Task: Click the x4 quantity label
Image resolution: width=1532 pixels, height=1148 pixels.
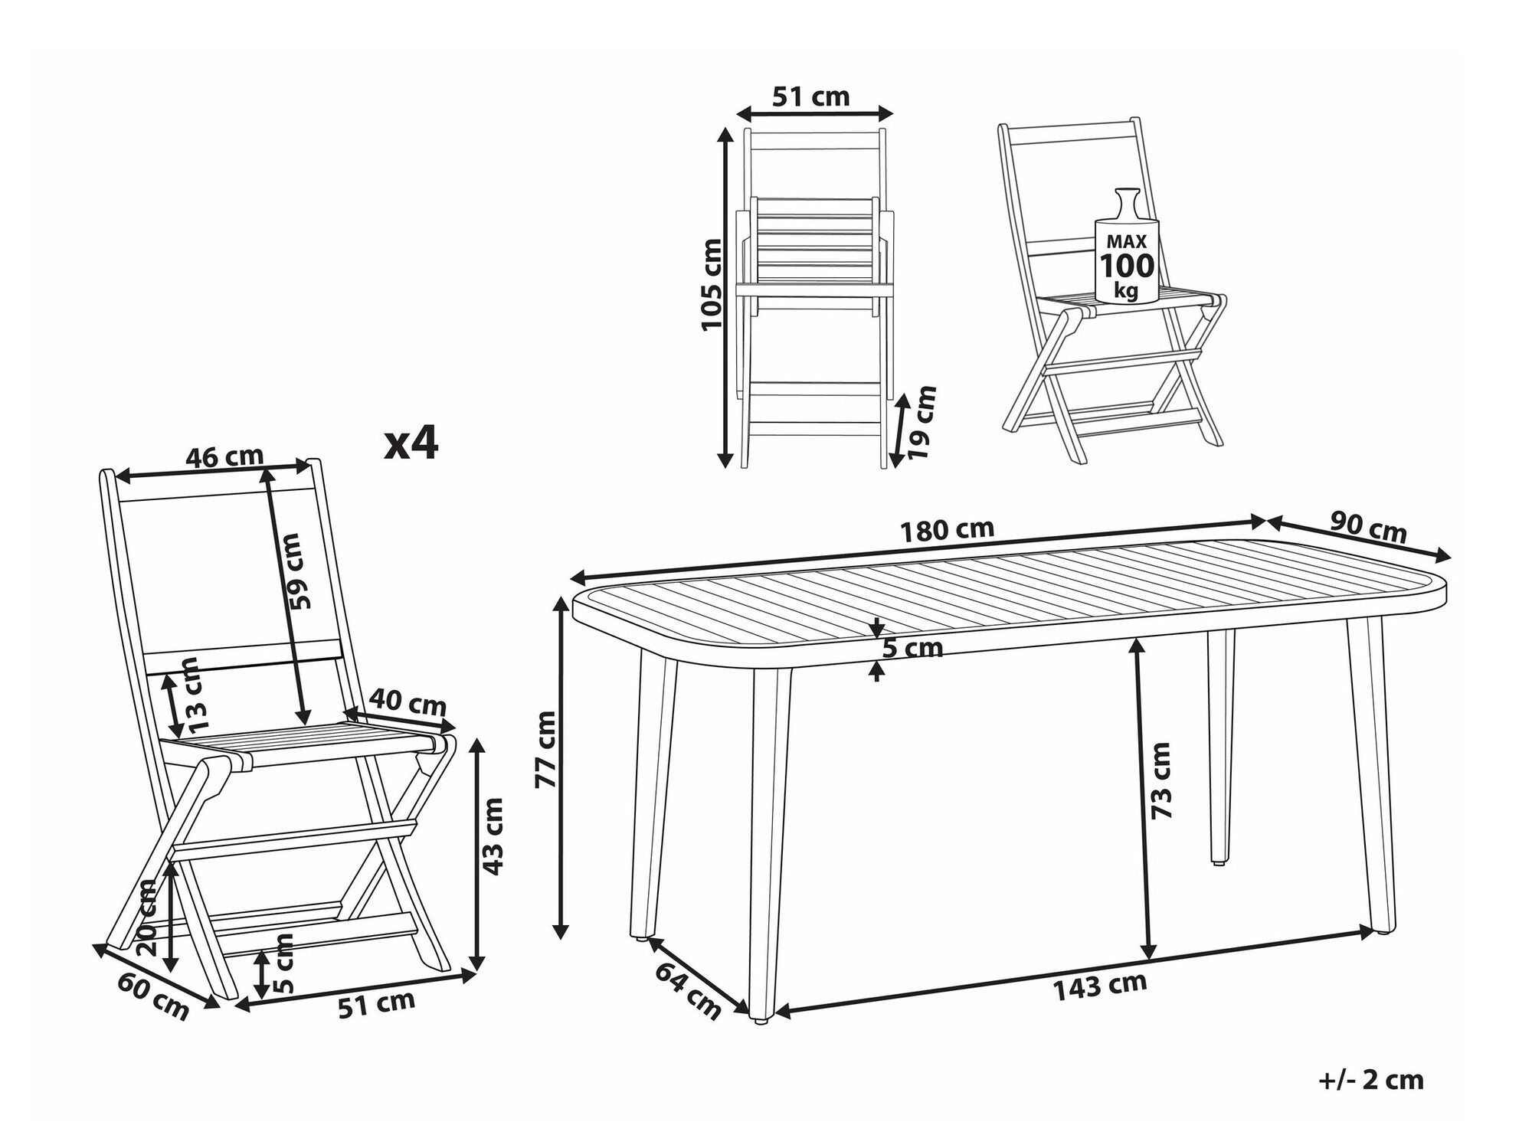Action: pos(411,443)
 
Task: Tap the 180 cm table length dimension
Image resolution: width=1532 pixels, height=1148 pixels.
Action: pos(947,530)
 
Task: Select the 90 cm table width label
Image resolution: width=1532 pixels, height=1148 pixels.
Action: pos(1368,527)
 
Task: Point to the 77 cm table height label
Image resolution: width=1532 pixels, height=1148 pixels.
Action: pos(546,749)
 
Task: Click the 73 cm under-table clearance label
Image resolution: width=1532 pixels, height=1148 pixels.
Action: pos(1161,780)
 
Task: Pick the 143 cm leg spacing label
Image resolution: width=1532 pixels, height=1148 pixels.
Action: pos(1099,986)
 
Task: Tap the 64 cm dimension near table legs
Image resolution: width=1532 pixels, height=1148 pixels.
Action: pos(688,991)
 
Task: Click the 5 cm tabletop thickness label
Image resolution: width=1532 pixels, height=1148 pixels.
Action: pos(912,649)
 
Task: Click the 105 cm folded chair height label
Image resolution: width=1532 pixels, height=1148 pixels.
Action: pos(712,284)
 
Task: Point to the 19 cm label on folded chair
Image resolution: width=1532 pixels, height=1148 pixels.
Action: pos(922,422)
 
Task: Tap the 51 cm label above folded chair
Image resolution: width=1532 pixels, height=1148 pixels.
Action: pos(810,97)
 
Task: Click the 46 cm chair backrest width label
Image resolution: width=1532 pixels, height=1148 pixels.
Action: pos(224,457)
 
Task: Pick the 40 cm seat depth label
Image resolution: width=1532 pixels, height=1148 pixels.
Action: pos(408,701)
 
